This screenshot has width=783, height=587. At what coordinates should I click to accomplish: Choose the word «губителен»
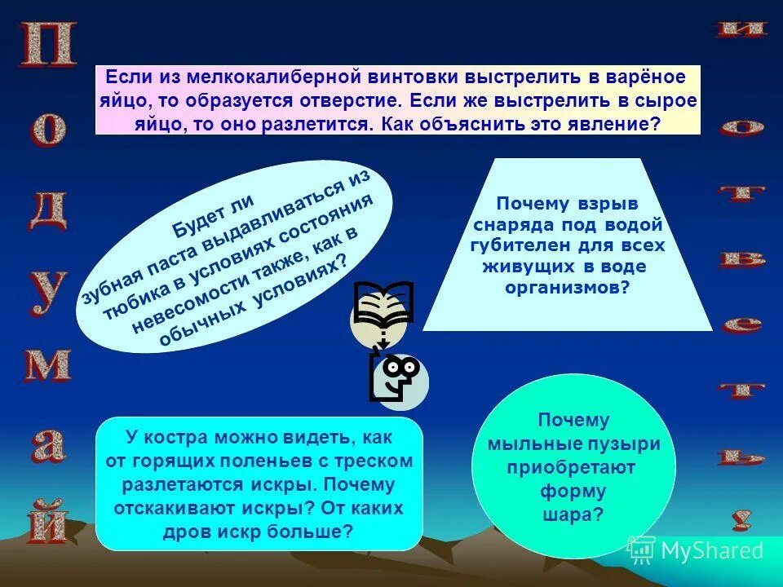click(520, 245)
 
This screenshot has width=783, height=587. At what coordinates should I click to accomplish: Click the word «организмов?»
click(568, 287)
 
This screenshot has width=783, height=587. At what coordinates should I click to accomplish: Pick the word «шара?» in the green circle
click(573, 514)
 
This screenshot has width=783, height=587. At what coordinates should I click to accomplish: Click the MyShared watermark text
click(711, 550)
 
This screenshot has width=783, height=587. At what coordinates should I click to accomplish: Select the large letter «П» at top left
click(49, 44)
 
